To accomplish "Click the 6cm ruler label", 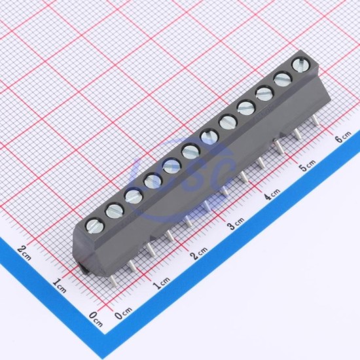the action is click(x=344, y=136).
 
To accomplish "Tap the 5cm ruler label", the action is click(x=308, y=165).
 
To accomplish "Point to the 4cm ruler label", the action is click(x=272, y=194).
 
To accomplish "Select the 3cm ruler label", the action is click(x=236, y=223).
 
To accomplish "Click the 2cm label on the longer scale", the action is click(x=199, y=253).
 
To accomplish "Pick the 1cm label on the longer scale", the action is click(x=162, y=283).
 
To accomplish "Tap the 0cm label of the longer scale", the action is click(x=124, y=313).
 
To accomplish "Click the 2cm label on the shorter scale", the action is click(x=24, y=253).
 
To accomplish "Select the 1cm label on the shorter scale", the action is click(x=59, y=285).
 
